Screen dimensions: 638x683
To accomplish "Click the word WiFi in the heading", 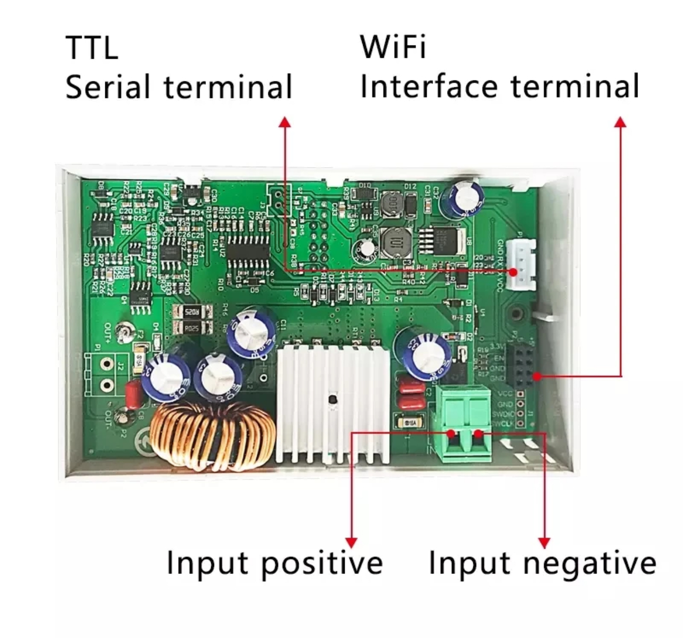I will pyautogui.click(x=393, y=47).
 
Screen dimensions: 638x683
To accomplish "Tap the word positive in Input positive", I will pyautogui.click(x=322, y=563).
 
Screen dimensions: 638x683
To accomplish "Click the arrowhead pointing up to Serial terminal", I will pyautogui.click(x=285, y=122).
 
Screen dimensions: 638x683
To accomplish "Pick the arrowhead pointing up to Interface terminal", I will pyautogui.click(x=621, y=122).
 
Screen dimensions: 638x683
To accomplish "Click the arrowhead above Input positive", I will pyautogui.click(x=351, y=542).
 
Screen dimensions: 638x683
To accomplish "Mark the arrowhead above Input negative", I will pyautogui.click(x=544, y=542).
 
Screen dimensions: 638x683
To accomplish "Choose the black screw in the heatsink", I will pyautogui.click(x=332, y=400).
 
